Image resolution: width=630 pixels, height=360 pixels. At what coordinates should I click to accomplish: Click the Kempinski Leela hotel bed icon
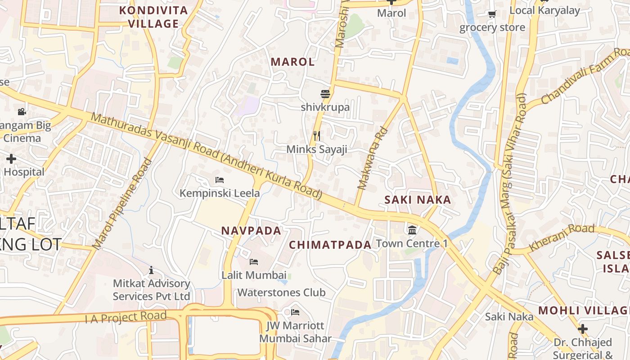tap(220, 180)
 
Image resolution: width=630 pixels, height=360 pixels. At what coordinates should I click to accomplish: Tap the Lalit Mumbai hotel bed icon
tap(254, 262)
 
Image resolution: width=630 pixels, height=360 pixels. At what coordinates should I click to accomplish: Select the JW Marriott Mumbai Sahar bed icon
tap(295, 312)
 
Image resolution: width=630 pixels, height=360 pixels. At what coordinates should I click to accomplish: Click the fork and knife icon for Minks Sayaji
tap(317, 135)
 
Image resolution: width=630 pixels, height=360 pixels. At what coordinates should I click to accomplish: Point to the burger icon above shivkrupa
tap(325, 94)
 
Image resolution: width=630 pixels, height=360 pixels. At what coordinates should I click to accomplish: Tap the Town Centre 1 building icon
tap(412, 230)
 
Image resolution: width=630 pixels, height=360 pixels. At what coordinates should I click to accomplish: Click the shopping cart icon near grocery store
tap(492, 14)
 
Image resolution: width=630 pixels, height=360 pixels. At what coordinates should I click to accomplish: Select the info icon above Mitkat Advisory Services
tap(151, 270)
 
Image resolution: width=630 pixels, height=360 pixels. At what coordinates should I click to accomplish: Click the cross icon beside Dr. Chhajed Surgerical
tap(583, 329)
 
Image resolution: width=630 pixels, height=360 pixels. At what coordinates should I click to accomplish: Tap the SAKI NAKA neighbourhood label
tap(418, 200)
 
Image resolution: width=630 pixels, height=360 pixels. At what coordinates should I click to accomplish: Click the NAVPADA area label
tap(251, 231)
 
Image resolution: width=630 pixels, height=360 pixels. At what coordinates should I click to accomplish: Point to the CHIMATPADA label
tap(330, 245)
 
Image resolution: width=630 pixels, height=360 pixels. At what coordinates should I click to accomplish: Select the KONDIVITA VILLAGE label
tap(153, 17)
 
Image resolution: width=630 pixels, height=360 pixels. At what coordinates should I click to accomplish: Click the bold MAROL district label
tap(292, 62)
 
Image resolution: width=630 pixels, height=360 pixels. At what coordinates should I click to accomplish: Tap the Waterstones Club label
tap(281, 292)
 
